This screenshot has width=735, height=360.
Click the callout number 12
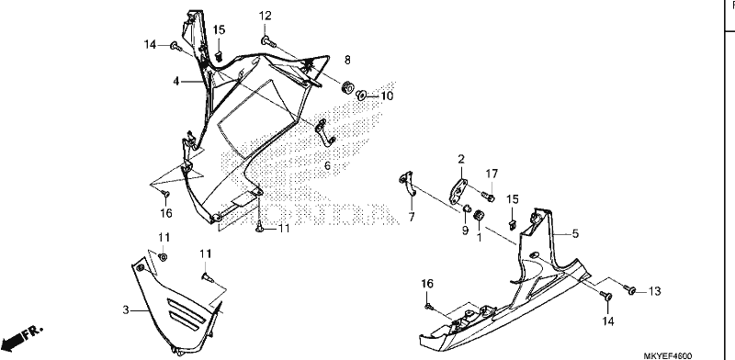point(265,16)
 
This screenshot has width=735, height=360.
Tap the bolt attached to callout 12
point(268,42)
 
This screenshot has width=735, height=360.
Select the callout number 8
point(347,60)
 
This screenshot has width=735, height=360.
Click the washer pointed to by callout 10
point(361,96)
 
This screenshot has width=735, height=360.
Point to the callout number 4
point(175,82)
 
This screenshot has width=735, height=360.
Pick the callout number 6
point(327,165)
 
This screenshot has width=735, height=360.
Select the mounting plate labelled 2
point(458,191)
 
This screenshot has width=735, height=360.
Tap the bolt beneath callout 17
point(488,197)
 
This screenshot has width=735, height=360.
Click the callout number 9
point(465,231)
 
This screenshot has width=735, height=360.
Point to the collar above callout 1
point(479,216)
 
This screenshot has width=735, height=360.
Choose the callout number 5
point(575,233)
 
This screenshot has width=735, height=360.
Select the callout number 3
point(126,309)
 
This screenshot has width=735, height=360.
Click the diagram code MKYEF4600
point(668,356)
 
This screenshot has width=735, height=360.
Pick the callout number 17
point(492,174)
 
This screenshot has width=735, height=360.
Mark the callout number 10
point(387,96)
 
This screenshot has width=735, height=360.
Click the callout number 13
point(654,291)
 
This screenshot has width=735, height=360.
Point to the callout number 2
point(461,160)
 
